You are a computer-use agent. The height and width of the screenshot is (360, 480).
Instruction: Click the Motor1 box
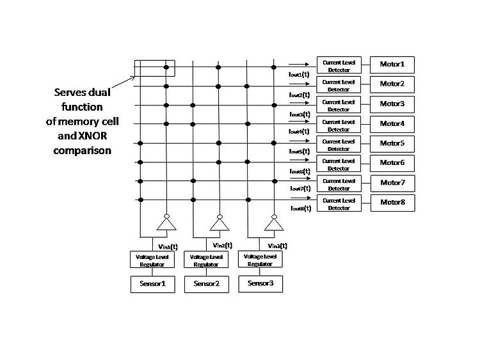pyautogui.click(x=392, y=65)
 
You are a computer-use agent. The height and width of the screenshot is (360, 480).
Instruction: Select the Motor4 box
pyautogui.click(x=392, y=123)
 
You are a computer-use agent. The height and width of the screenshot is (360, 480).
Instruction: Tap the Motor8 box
pyautogui.click(x=392, y=203)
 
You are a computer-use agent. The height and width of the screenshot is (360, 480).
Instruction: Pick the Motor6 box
pyautogui.click(x=392, y=163)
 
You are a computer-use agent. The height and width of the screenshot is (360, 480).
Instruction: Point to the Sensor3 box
pyautogui.click(x=260, y=283)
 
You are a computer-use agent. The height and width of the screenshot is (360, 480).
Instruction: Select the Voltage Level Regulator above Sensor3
pyautogui.click(x=260, y=259)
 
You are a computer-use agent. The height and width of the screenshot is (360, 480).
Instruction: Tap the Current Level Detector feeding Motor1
pyautogui.click(x=339, y=65)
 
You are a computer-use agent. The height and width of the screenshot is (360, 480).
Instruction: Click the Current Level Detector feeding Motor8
pyautogui.click(x=339, y=203)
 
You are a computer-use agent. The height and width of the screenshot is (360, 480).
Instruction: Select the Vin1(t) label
pyautogui.click(x=168, y=245)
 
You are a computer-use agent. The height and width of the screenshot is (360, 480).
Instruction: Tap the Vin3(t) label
pyautogui.click(x=277, y=245)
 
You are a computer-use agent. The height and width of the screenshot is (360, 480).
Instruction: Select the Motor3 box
pyautogui.click(x=392, y=104)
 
